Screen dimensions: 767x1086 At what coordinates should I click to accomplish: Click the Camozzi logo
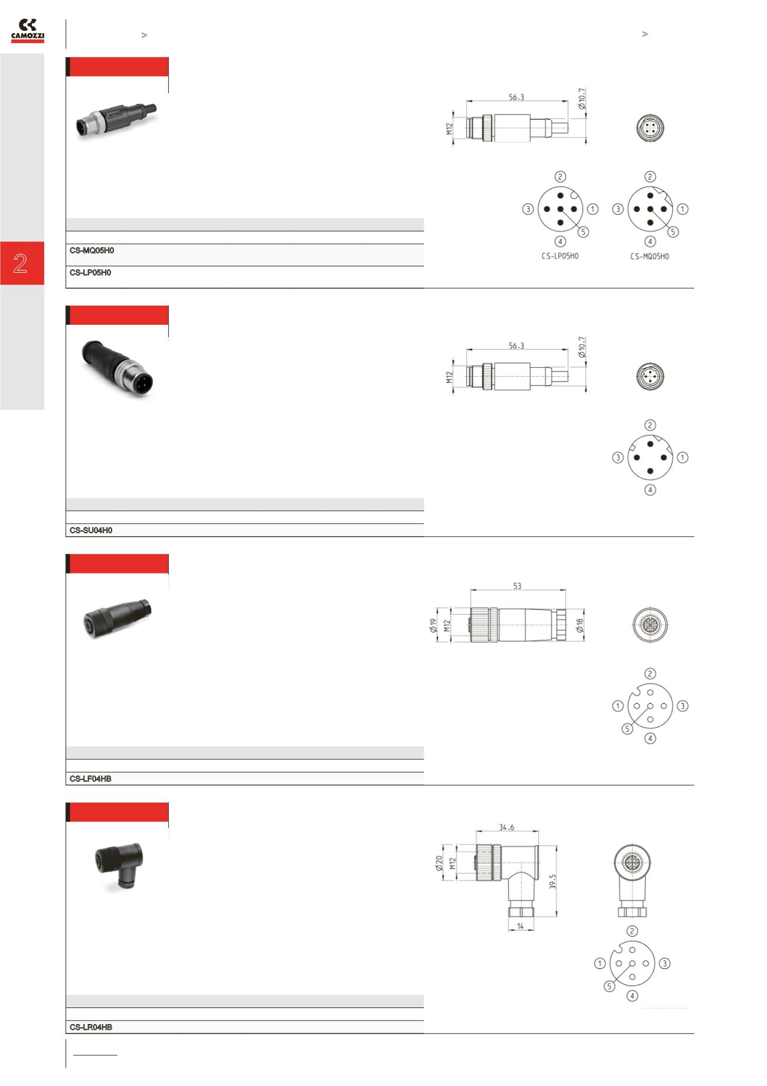[x=28, y=31]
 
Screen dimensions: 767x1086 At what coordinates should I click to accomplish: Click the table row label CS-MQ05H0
[x=91, y=250]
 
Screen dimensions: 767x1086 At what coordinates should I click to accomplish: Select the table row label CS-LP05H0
[x=90, y=273]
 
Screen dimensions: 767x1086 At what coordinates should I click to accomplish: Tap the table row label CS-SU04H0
[x=91, y=530]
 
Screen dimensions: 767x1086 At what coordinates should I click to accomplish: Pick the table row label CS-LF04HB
[x=90, y=779]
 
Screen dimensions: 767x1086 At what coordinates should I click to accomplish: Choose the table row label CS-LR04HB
[x=91, y=1028]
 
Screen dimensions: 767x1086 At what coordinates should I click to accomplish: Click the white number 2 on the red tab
[x=21, y=263]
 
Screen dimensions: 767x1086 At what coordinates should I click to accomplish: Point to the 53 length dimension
[x=517, y=586]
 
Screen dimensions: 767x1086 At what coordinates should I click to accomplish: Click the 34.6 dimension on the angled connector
[x=506, y=827]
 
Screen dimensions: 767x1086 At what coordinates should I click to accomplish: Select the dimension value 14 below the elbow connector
[x=520, y=927]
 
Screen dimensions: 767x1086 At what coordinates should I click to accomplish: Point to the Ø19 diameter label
[x=433, y=625]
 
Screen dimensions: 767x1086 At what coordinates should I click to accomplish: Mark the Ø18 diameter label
[x=581, y=625]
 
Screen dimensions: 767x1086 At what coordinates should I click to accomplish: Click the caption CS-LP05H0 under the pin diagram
[x=560, y=256]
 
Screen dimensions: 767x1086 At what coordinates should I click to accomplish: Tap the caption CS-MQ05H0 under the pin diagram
[x=650, y=256]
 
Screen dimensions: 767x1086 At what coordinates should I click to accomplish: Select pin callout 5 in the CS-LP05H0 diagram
[x=583, y=232]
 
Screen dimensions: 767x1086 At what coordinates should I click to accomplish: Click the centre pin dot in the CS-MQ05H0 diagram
[x=650, y=209]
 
